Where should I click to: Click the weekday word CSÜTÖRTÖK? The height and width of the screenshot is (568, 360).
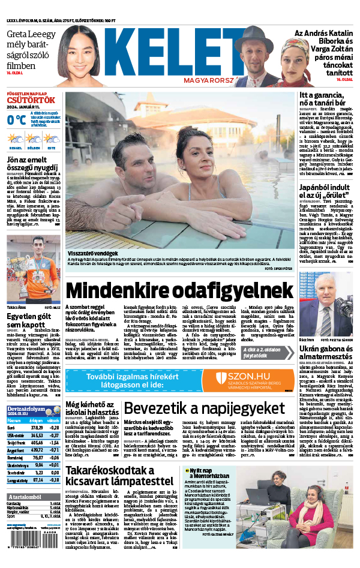coord(31,100)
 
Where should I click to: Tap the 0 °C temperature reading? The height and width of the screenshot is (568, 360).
coord(16,119)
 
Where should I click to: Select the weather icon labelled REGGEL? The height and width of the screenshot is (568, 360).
coord(16,139)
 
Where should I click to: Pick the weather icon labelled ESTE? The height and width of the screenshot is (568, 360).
coord(52,139)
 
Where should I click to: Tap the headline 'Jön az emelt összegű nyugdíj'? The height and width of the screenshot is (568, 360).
coord(33,164)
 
